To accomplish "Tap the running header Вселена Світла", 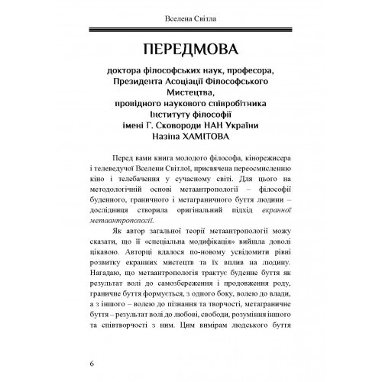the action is [190, 16].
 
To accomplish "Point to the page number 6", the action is [92, 361].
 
